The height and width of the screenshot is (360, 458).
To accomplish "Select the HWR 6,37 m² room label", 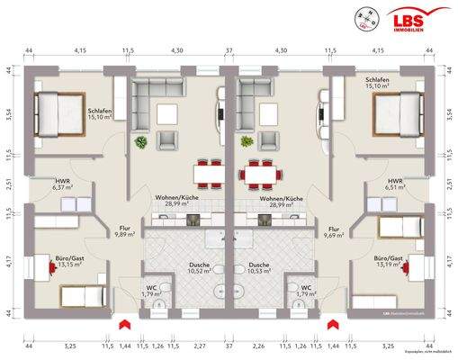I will point(62,184).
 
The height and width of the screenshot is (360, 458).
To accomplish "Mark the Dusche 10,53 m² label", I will point(259,269).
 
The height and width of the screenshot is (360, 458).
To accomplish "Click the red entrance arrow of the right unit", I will point(336,321).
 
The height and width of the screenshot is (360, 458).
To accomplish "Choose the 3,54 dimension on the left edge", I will point(6,114).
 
